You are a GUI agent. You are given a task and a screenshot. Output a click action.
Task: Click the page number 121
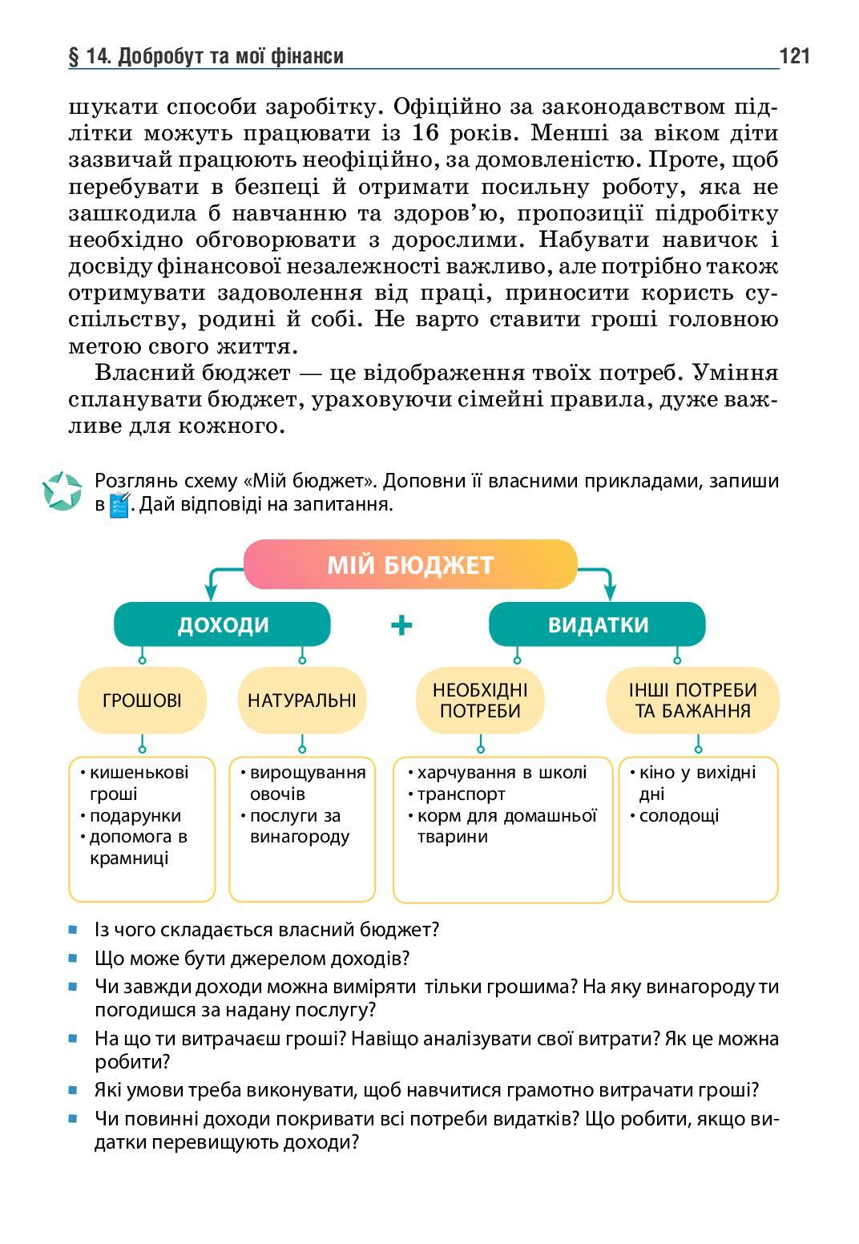point(793,55)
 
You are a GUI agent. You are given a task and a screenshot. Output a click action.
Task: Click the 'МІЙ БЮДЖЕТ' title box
point(409,565)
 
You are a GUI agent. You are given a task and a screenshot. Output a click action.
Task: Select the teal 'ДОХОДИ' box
point(222,624)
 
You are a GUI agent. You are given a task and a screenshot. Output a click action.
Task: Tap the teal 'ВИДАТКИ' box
point(597,624)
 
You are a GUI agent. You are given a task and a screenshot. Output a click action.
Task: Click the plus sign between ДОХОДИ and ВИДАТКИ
point(401,624)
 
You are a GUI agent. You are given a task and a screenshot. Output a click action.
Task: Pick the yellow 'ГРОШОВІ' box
point(142,700)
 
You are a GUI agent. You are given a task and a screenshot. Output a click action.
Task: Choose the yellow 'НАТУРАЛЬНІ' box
point(301,700)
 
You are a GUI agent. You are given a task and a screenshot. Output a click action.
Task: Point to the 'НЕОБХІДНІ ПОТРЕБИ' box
point(480,700)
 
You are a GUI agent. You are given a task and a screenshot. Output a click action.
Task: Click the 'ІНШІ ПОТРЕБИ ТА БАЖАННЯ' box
point(692,700)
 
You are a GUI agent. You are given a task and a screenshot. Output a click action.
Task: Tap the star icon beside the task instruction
point(63,491)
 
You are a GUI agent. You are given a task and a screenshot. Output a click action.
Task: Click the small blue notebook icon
point(119,505)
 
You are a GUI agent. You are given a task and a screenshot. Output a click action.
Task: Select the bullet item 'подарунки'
point(135,815)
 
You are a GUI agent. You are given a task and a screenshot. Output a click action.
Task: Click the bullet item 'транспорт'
point(461,794)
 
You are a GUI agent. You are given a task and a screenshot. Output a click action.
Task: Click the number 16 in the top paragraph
point(428,133)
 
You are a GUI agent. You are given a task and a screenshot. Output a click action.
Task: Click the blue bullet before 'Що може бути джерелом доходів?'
point(73,958)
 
